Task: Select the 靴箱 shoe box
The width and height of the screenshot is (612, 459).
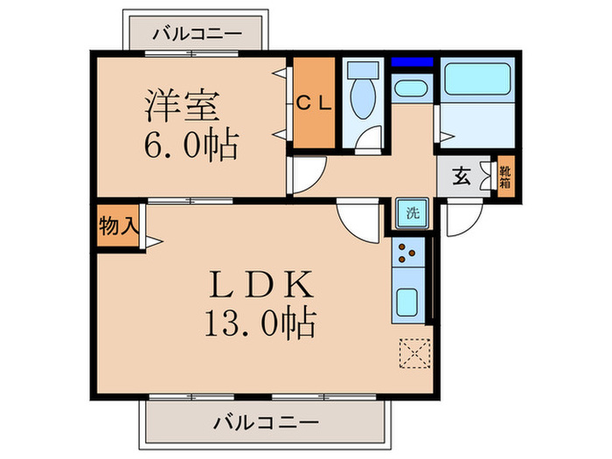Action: pyautogui.click(x=505, y=177)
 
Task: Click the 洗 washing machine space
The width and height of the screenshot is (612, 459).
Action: pyautogui.click(x=411, y=212)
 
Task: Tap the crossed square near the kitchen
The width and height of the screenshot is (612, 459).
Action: pyautogui.click(x=412, y=352)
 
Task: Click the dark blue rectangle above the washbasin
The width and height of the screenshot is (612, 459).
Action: pyautogui.click(x=412, y=63)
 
